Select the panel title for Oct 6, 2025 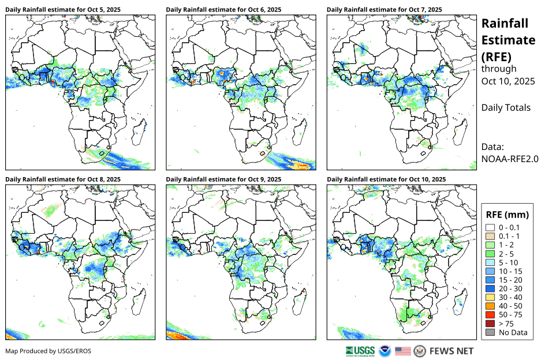(x=223, y=10)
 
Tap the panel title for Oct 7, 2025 (x=384, y=10)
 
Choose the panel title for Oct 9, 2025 (x=223, y=179)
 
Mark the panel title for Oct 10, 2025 (x=386, y=179)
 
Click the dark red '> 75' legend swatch (x=490, y=324)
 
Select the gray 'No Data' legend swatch (x=490, y=332)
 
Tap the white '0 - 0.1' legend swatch (x=490, y=227)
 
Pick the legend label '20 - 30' (x=511, y=288)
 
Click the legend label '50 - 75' (x=511, y=315)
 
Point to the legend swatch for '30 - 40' (x=490, y=297)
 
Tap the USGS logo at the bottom (x=360, y=351)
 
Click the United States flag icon (x=403, y=351)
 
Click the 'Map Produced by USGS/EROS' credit (x=48, y=351)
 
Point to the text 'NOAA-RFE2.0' (x=510, y=159)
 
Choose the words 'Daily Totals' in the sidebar (x=506, y=107)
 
